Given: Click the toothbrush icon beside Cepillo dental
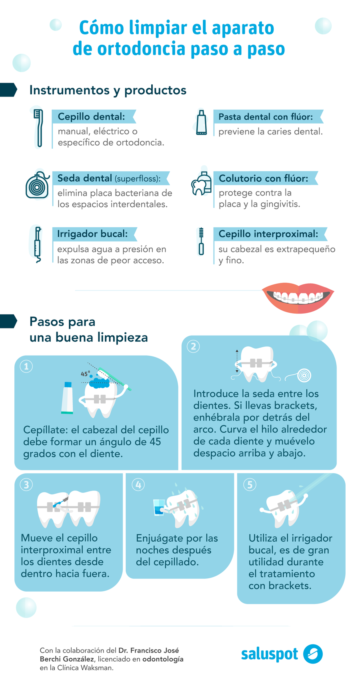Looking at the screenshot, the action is (38, 128).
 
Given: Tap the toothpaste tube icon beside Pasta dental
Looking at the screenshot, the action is (202, 122).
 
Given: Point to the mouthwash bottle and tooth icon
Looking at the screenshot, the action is (201, 184).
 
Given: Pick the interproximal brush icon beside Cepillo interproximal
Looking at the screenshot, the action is (201, 241).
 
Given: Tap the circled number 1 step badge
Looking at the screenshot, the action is (26, 366).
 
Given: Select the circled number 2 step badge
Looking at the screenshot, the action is (194, 346).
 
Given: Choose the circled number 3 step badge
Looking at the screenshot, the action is (26, 485).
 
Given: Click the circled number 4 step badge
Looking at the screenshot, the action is (138, 485).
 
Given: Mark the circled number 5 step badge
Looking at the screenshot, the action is (250, 485).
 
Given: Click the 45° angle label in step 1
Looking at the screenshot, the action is (85, 374).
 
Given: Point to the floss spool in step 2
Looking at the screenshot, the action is (304, 375).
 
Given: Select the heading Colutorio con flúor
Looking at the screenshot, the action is (264, 178).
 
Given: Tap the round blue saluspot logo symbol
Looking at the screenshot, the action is (313, 654).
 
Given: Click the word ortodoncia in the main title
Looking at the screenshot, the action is (141, 49).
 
